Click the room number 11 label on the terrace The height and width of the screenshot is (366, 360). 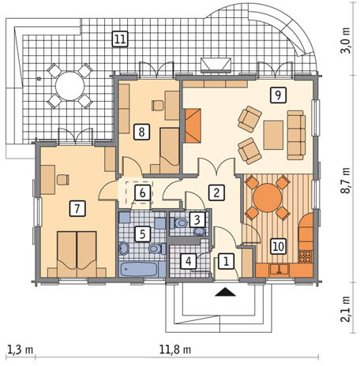pos(120,39)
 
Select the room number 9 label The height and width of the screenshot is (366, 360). pos(278,95)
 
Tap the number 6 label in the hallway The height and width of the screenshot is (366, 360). pos(142,193)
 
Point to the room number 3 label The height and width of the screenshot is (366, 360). pos(197,219)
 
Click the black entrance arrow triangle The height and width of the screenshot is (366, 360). pos(225,292)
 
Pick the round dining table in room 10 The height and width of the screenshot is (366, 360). pos(267,197)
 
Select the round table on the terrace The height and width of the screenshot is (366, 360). pos(69,86)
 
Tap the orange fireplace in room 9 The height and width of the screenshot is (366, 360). pos(193,125)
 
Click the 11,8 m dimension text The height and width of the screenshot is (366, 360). pos(175,350)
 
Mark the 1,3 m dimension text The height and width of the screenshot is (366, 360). pos(20,350)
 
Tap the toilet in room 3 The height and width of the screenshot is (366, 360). pos(178,223)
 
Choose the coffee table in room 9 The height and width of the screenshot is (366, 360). pos(273,135)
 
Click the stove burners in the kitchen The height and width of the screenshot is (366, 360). pos(306,256)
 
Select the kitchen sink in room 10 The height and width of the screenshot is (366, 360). pos(279,270)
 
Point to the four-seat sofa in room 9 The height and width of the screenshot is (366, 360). pos(296,135)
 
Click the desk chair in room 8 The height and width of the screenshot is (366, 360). pos(158,106)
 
